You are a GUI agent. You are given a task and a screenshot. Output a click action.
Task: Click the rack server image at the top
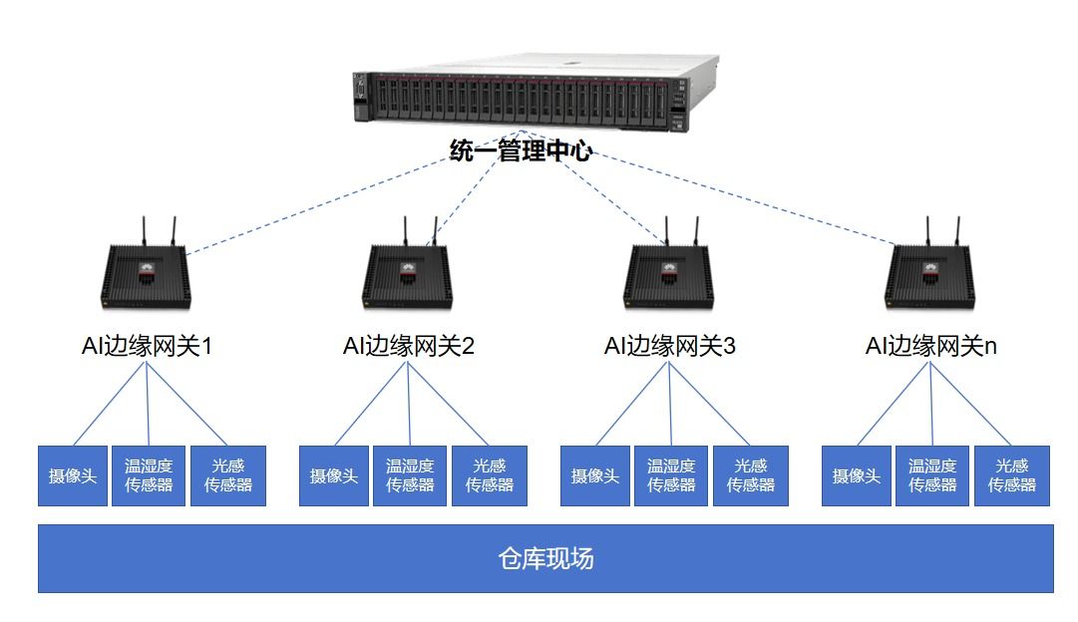coord(537,93)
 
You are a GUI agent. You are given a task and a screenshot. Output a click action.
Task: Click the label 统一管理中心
coord(521,151)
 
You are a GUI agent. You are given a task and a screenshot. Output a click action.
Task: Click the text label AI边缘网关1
coord(147,346)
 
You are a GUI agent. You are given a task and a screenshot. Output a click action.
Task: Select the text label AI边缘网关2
coord(409,346)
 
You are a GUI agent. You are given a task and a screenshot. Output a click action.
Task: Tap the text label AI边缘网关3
coord(669,346)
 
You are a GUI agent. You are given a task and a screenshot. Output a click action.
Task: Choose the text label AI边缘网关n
coord(930,346)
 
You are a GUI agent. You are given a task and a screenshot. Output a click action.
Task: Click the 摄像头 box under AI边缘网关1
coord(73,475)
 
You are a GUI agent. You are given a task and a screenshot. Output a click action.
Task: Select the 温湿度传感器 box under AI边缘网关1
coord(149,475)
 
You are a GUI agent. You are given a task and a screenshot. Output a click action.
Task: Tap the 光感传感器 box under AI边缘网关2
coord(490,475)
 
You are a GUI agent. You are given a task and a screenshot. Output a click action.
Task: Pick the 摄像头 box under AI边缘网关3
coord(595,475)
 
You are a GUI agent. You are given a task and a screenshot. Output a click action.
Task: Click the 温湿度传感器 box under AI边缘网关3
coord(671,475)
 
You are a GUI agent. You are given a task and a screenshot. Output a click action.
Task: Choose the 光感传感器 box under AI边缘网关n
coord(1012,475)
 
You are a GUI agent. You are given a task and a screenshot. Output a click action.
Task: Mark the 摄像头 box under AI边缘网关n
coord(857,475)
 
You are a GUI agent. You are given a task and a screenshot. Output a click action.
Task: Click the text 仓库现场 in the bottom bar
coord(545,559)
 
